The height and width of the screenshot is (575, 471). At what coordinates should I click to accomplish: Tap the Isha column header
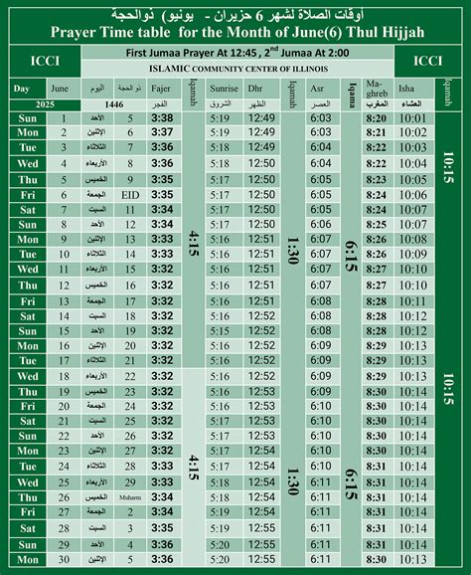click(413, 88)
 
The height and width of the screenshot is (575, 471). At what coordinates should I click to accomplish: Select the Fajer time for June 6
click(163, 195)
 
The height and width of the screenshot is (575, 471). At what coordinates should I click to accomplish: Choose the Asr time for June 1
click(321, 118)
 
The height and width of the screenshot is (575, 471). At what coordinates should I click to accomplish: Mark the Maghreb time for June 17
click(376, 360)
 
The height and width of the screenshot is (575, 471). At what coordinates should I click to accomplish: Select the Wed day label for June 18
click(28, 377)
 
